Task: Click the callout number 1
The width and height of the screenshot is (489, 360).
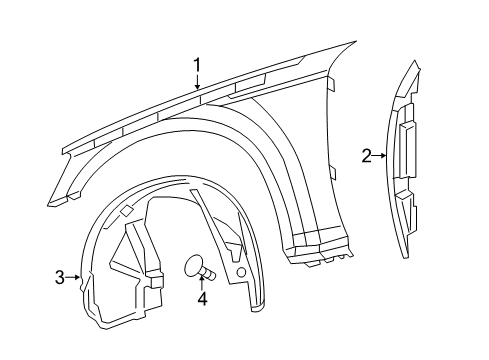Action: [x=198, y=65]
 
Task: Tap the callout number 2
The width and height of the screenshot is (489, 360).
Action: [x=367, y=155]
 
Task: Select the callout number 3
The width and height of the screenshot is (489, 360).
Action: [x=60, y=277]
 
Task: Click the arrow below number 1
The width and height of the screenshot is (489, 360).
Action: [x=198, y=83]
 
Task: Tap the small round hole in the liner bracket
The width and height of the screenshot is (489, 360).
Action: [x=241, y=273]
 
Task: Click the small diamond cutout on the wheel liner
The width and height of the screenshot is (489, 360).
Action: [x=128, y=211]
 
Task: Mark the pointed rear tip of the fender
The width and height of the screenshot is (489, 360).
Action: [x=355, y=43]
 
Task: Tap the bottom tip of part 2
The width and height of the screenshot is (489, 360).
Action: [x=404, y=257]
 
